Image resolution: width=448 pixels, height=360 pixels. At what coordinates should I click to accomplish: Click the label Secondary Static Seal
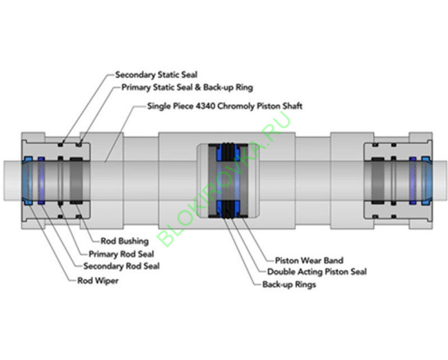156,74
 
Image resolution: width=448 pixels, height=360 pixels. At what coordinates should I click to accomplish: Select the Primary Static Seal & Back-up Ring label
187,88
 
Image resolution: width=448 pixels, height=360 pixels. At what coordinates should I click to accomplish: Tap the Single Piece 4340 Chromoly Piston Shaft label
225,106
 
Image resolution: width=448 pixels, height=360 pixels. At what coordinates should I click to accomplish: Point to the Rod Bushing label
123,241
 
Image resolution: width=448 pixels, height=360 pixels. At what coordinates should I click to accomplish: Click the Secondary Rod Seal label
121,266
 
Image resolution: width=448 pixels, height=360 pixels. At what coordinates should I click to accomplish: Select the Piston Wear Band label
309,261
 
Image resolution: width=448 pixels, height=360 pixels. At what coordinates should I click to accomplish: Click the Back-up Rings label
289,283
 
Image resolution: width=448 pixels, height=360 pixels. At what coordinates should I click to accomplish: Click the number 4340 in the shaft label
211,106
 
